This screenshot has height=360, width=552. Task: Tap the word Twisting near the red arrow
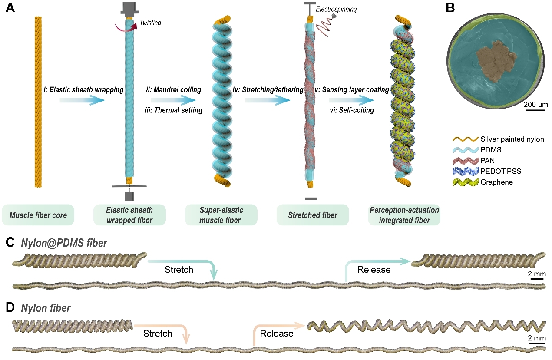pos(150,23)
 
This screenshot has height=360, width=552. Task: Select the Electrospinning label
pos(336,9)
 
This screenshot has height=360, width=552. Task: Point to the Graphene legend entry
pos(499,182)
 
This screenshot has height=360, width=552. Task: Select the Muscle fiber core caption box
pos(38,215)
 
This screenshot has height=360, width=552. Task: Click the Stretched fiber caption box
pos(313,215)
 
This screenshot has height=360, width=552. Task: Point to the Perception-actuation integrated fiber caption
pos(404,215)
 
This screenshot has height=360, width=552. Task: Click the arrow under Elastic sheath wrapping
pos(83,100)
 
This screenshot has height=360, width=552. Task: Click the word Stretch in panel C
pos(178,270)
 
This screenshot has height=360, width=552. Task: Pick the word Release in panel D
pos(277,334)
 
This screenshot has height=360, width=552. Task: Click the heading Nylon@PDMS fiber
pos(64,243)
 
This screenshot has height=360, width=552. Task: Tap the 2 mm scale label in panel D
pos(537,338)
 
